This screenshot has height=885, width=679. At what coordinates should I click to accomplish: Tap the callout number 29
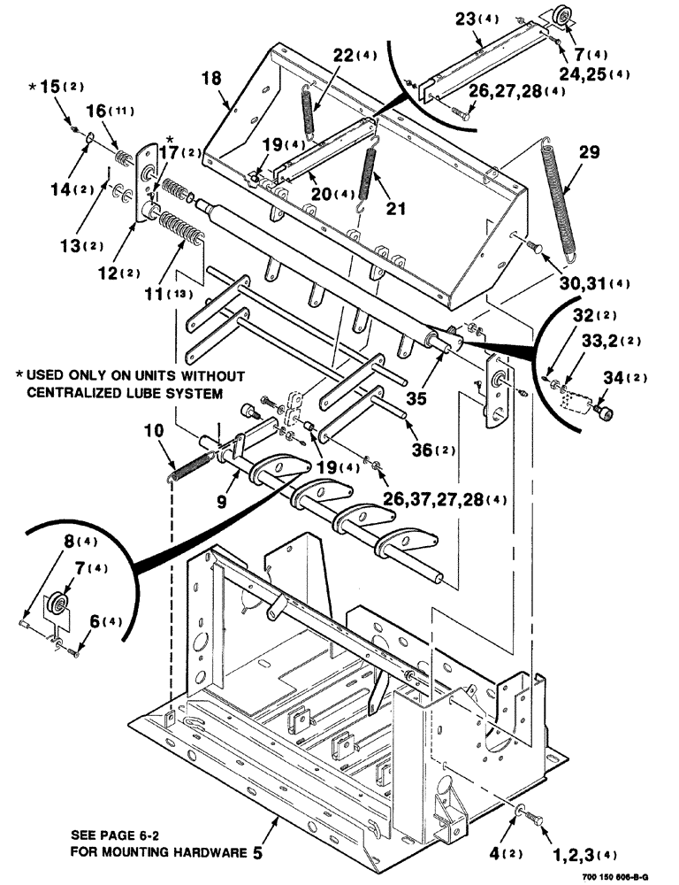[591, 153]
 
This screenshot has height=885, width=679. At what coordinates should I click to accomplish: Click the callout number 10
[154, 431]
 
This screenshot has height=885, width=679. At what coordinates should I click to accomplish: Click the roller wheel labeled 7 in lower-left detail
[60, 607]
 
